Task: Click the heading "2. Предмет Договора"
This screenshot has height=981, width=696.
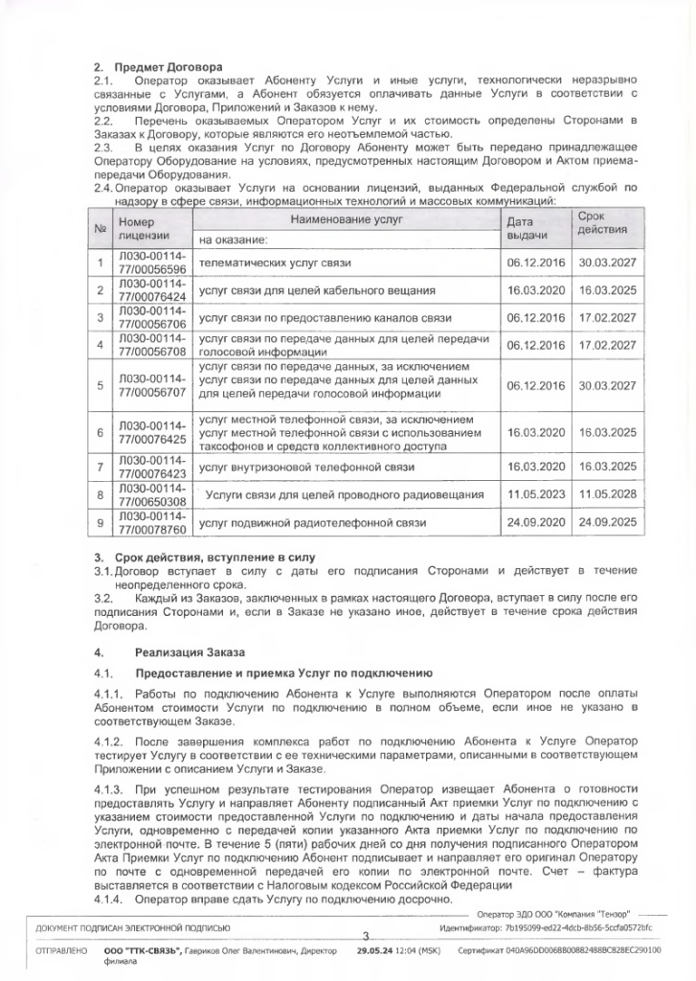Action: click(158, 67)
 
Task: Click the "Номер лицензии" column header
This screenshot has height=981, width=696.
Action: click(143, 227)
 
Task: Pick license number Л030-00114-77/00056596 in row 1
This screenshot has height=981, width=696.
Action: click(151, 263)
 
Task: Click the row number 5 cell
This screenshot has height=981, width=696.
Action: click(100, 385)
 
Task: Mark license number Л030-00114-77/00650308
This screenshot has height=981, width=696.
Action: click(151, 495)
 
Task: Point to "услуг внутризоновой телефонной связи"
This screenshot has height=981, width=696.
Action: click(305, 467)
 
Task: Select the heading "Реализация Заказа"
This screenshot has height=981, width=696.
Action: click(182, 651)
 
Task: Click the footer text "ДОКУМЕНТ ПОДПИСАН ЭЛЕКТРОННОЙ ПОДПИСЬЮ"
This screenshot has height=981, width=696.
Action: click(133, 929)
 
